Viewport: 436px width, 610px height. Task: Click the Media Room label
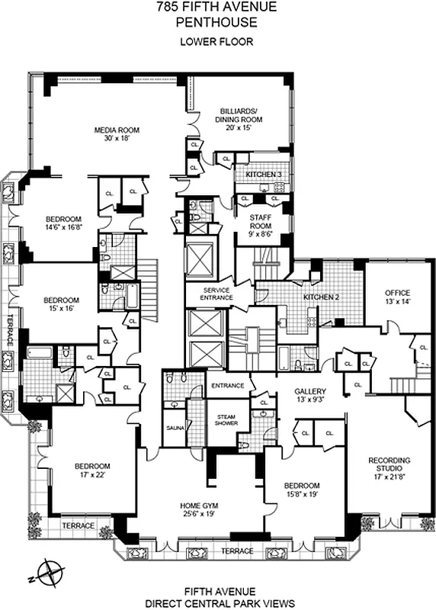click(x=114, y=130)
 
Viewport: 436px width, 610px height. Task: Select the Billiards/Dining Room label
click(x=242, y=114)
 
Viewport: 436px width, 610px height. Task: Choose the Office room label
click(x=396, y=293)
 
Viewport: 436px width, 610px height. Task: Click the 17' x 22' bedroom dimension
click(x=92, y=476)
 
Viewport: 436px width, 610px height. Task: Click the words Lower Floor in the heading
click(x=217, y=41)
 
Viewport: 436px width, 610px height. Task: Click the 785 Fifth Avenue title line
click(x=217, y=8)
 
